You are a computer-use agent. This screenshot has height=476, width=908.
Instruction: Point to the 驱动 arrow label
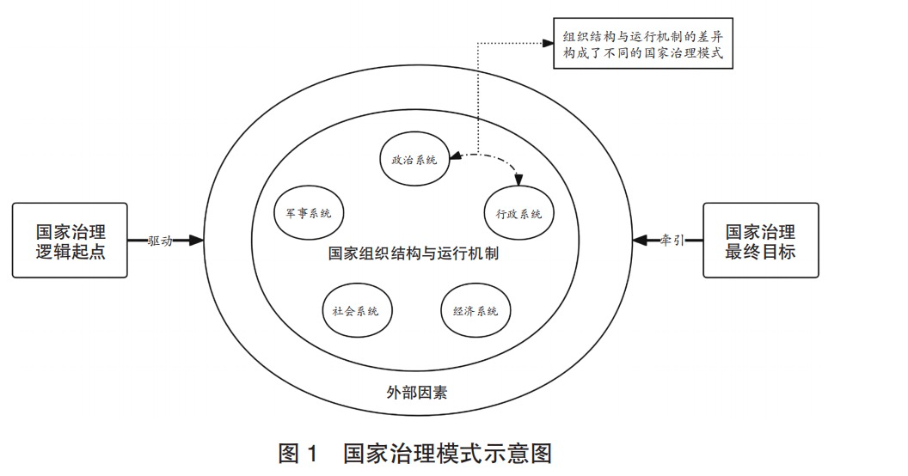coord(160,241)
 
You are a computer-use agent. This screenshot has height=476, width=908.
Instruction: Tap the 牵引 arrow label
coord(672,240)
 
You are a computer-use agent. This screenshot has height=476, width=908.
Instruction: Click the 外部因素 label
coord(416,393)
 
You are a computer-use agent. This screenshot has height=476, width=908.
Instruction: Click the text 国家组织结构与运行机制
coord(414,253)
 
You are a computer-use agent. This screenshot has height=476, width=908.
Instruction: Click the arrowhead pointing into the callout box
coord(548,43)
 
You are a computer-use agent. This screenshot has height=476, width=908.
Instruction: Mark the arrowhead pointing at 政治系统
coord(456,156)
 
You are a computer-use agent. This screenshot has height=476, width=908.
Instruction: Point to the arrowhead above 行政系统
coord(518,180)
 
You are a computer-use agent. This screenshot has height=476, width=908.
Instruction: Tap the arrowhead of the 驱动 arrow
coord(197,240)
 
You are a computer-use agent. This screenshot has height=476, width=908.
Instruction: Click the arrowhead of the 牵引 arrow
coord(640,240)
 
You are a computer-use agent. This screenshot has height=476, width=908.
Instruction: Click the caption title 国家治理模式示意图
coord(447,453)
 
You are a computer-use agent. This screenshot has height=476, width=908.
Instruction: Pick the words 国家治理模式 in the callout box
coord(684,54)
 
